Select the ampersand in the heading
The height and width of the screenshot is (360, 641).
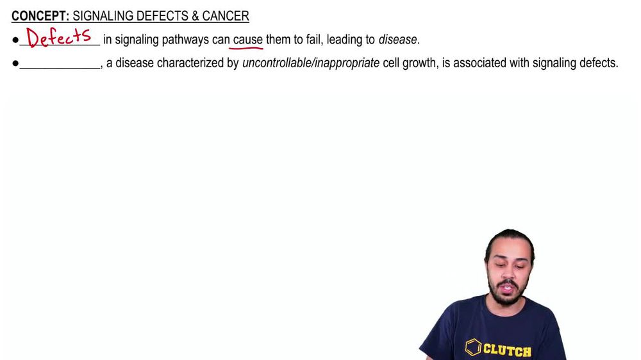click(x=194, y=16)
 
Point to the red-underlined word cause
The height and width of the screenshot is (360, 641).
click(x=247, y=40)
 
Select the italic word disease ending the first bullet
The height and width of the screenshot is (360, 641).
click(x=397, y=40)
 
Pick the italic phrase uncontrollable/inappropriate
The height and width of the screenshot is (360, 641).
click(x=311, y=63)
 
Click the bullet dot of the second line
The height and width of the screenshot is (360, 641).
click(x=15, y=63)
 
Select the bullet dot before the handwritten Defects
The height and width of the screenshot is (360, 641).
click(x=15, y=40)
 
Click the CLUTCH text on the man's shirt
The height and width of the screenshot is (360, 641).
click(x=507, y=350)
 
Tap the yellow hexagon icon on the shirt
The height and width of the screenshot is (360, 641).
click(x=473, y=348)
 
